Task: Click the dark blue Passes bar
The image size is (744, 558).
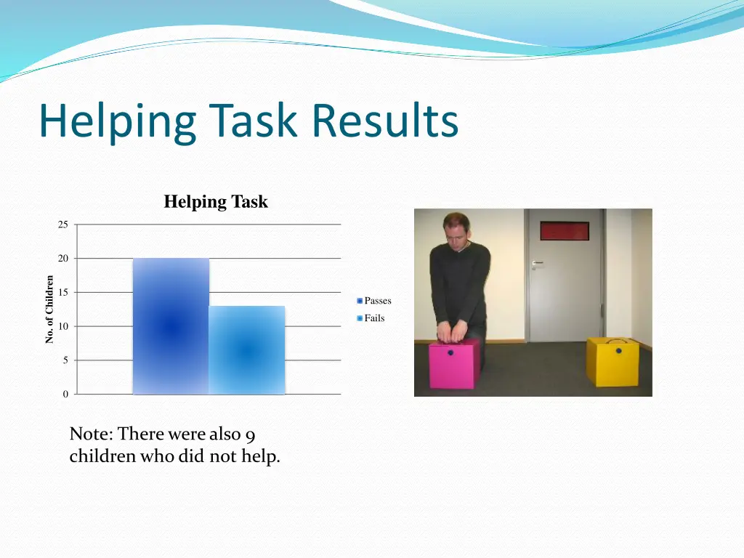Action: pyautogui.click(x=171, y=327)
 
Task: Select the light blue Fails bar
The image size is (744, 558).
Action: pyautogui.click(x=247, y=350)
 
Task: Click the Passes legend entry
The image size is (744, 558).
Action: pyautogui.click(x=374, y=301)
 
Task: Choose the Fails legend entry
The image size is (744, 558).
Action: pyautogui.click(x=371, y=318)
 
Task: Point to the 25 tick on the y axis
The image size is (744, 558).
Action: pyautogui.click(x=63, y=225)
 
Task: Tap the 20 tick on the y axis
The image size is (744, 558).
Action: pyautogui.click(x=63, y=259)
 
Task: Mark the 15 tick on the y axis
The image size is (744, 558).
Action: pyautogui.click(x=63, y=293)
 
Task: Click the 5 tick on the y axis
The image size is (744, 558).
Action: pyautogui.click(x=65, y=360)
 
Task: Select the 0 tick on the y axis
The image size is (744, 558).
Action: pyautogui.click(x=65, y=395)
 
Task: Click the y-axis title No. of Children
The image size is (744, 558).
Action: pyautogui.click(x=49, y=310)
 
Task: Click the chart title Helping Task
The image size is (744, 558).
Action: pyautogui.click(x=216, y=202)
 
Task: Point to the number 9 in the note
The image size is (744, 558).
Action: pyautogui.click(x=250, y=434)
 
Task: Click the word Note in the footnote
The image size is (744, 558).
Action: pyautogui.click(x=90, y=434)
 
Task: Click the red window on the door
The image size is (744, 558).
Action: pyautogui.click(x=564, y=231)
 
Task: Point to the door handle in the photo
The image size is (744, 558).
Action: pyautogui.click(x=537, y=264)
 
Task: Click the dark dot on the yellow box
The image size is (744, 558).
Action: pyautogui.click(x=619, y=351)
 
